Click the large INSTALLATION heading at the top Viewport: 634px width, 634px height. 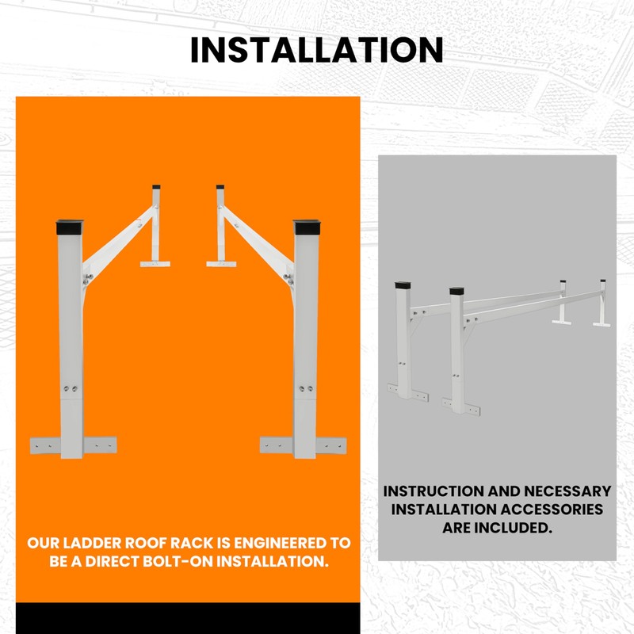317,49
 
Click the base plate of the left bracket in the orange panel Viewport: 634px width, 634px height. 73,445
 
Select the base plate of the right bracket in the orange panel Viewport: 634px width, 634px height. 303,445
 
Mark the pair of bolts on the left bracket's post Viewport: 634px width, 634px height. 71,389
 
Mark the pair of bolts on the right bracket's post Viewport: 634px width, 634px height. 305,389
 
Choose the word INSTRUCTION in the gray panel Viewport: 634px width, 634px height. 432,491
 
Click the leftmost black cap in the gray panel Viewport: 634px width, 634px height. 402,284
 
